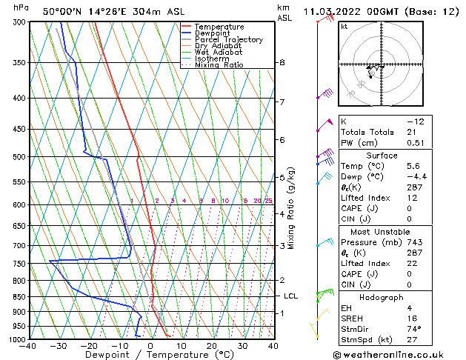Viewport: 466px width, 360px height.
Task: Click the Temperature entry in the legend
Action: pos(219,27)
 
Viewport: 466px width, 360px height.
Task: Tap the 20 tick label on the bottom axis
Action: pos(211,346)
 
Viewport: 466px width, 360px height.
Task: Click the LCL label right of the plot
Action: pos(291,296)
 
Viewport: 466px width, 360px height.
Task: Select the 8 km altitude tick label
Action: pos(282,63)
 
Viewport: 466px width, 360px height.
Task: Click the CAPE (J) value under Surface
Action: pos(409,209)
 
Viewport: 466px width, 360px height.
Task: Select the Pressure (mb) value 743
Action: pos(413,241)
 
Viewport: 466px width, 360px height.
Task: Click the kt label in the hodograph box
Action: pos(344,26)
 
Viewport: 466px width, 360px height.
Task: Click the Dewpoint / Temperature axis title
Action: pos(150,356)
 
